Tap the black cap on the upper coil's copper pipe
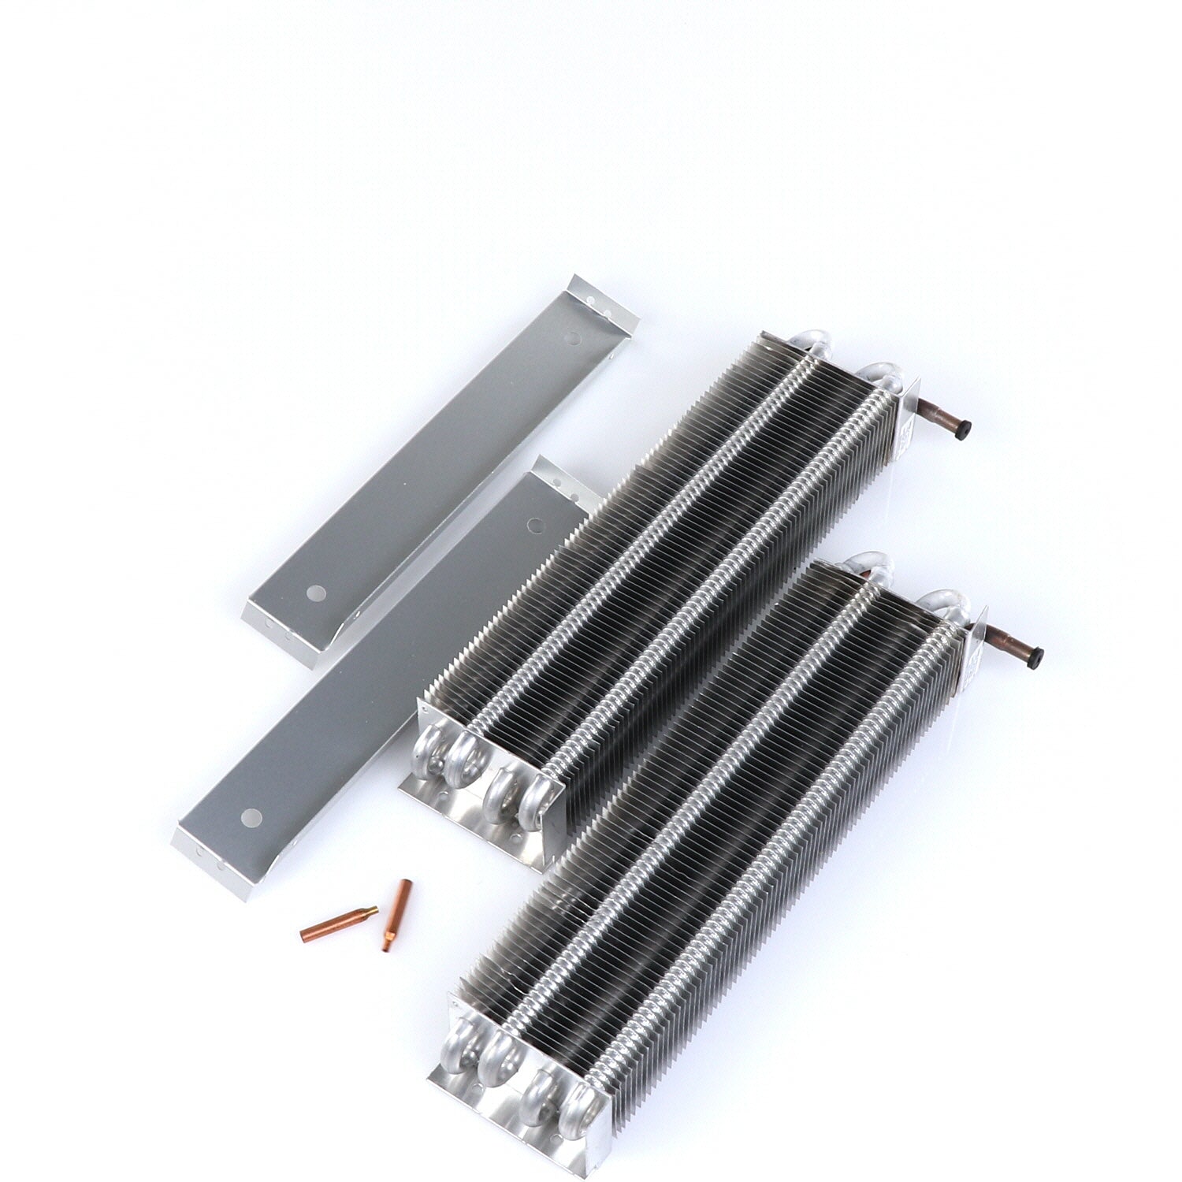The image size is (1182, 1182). [963, 429]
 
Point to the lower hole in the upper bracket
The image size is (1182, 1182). [316, 591]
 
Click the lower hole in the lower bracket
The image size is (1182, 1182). [251, 816]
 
